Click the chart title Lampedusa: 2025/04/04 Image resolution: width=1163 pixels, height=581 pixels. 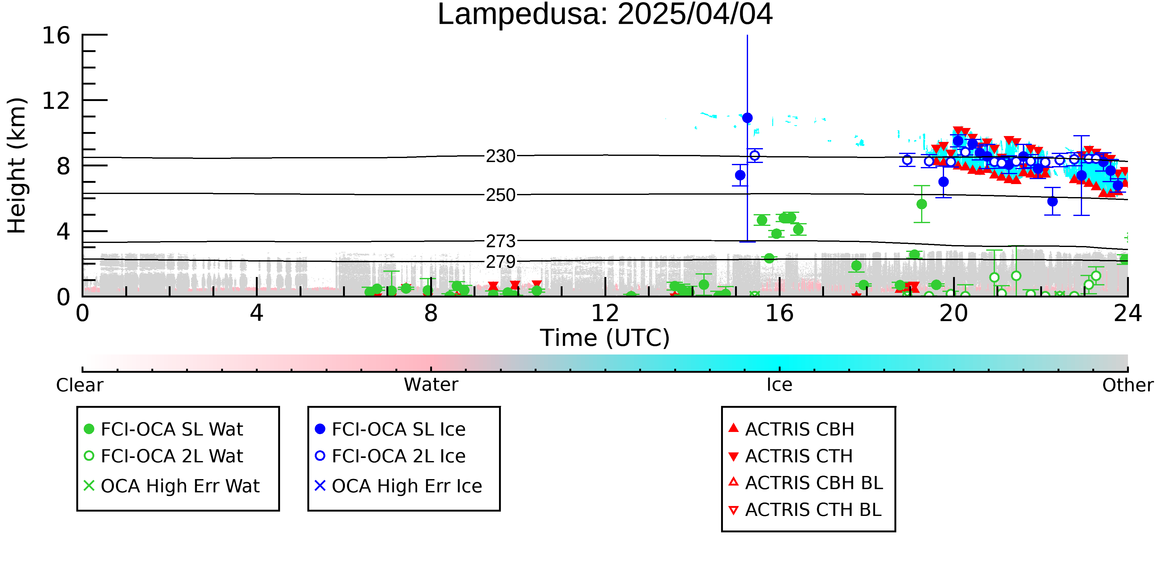605,15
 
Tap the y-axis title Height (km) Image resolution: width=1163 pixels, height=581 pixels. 17,165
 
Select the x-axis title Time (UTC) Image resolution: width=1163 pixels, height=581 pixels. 605,338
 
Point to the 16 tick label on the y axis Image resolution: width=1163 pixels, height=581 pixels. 56,35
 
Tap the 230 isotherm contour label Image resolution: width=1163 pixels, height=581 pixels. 500,156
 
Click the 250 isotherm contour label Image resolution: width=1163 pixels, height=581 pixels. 500,195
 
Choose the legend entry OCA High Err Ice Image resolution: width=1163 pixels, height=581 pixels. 399,486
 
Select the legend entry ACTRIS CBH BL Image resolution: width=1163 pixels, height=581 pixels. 805,483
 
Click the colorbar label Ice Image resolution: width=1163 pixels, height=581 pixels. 779,385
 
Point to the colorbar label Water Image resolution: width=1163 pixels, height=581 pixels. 431,385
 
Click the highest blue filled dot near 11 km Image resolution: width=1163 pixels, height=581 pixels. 747,118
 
